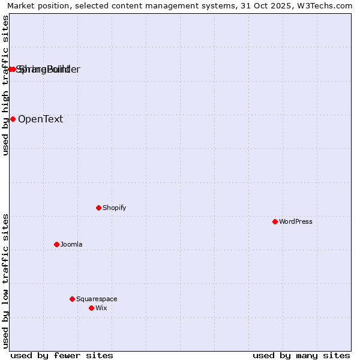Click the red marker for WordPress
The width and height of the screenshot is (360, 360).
(275, 221)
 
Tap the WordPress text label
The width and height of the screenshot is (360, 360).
(296, 221)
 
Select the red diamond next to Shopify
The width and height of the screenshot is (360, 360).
(98, 208)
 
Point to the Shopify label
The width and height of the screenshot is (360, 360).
(114, 208)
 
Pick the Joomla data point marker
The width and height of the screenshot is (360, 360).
(56, 244)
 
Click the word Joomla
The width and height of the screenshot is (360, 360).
(71, 244)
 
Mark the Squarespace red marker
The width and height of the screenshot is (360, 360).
(72, 299)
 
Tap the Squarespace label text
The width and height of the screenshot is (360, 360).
(97, 299)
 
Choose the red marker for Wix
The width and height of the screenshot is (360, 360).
(91, 308)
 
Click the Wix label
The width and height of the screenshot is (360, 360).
(101, 308)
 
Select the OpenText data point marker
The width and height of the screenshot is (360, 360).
(13, 119)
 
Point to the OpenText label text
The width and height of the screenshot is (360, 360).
(40, 119)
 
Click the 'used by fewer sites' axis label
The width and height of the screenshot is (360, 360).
(62, 355)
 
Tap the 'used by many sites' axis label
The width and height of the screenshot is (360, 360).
(301, 355)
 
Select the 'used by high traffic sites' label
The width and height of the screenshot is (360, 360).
(5, 85)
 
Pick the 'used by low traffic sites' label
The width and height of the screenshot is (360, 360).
(5, 281)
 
